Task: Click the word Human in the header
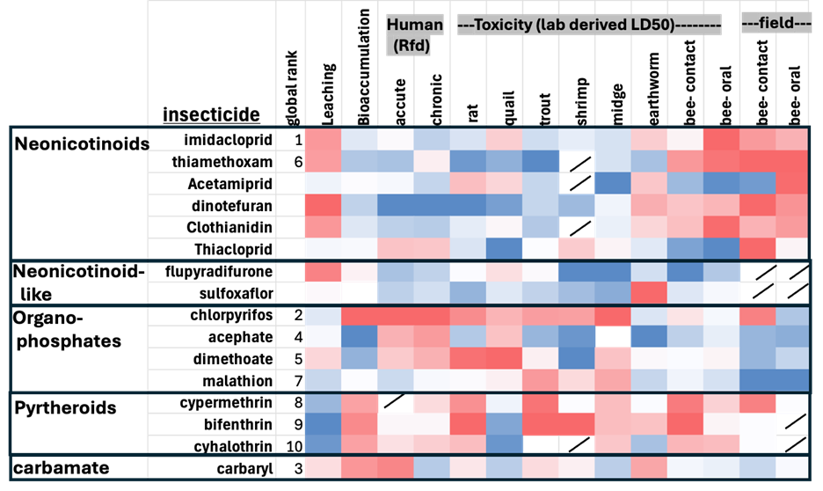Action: [415, 26]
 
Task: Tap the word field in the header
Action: [776, 26]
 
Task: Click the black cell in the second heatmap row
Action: [576, 161]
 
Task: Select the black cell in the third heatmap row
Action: [576, 183]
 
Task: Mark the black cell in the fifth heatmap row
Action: [576, 227]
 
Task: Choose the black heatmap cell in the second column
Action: [359, 292]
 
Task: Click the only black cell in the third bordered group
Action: [612, 336]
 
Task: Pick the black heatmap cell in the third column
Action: [395, 401]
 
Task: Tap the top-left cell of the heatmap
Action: [323, 140]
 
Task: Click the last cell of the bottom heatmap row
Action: [791, 466]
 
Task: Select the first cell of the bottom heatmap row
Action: [323, 466]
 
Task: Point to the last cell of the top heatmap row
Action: [791, 140]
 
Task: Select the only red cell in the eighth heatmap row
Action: [648, 292]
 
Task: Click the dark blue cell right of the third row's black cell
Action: [612, 183]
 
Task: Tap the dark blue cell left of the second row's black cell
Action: [540, 161]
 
